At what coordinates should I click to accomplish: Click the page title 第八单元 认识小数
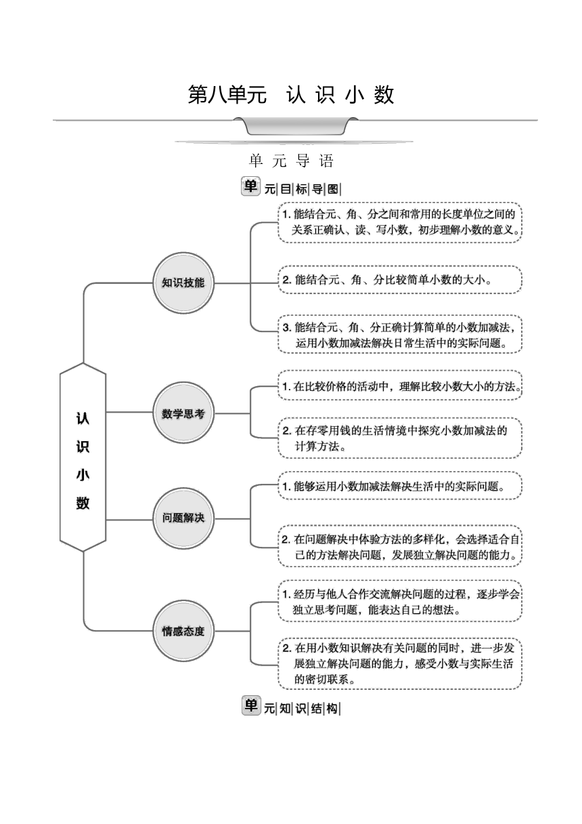coord(291,95)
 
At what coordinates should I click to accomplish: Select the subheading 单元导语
coord(291,161)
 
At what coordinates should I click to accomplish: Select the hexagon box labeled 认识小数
coord(83,457)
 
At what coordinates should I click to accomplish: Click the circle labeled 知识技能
coord(183,283)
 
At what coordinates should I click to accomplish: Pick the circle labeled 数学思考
coord(183,413)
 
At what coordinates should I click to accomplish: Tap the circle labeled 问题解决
coord(183,518)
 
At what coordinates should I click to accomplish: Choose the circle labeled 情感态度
coord(183,632)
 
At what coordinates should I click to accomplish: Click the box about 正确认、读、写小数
coord(400,222)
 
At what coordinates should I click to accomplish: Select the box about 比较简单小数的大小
coord(400,280)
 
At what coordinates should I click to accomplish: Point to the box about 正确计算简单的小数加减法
coord(400,334)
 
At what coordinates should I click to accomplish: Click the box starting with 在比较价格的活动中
coord(400,386)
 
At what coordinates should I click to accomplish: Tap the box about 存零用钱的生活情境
coord(400,438)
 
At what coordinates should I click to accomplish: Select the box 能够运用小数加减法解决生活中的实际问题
coord(400,486)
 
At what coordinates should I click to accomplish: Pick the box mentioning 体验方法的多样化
coord(400,546)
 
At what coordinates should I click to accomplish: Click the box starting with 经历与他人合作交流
coord(400,602)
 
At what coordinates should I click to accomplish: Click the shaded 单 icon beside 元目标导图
coord(250,186)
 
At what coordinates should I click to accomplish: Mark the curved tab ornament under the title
coord(296,126)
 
